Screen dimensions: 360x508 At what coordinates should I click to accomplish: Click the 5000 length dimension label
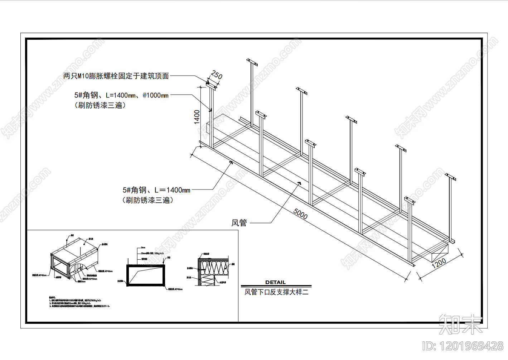[x=300, y=213]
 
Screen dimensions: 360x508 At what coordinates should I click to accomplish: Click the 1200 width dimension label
[x=439, y=263]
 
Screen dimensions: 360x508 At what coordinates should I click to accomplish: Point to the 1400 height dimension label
[x=197, y=117]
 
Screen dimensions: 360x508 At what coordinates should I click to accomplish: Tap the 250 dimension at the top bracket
[x=217, y=75]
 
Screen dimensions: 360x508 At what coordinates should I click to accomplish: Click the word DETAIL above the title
[x=275, y=282]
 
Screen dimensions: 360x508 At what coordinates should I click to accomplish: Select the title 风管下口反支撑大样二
[x=276, y=292]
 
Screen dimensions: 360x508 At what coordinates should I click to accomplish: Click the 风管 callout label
[x=239, y=223]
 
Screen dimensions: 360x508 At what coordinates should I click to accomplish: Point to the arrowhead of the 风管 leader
[x=300, y=183]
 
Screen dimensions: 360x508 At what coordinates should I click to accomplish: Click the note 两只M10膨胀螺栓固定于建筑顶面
[x=116, y=76]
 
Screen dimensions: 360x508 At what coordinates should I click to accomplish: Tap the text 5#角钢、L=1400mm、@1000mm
[x=121, y=95]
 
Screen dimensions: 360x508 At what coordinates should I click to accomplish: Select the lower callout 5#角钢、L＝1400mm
[x=156, y=190]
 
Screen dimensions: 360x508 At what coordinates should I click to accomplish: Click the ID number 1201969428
[x=463, y=346]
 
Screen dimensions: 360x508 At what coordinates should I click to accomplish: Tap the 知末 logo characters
[x=460, y=324]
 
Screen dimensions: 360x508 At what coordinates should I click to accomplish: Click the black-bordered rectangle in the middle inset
[x=146, y=275]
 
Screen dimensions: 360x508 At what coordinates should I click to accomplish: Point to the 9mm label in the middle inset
[x=143, y=248]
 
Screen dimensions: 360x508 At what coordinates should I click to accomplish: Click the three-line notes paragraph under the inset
[x=79, y=302]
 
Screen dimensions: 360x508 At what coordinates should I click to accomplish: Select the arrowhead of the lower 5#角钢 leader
[x=231, y=162]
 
